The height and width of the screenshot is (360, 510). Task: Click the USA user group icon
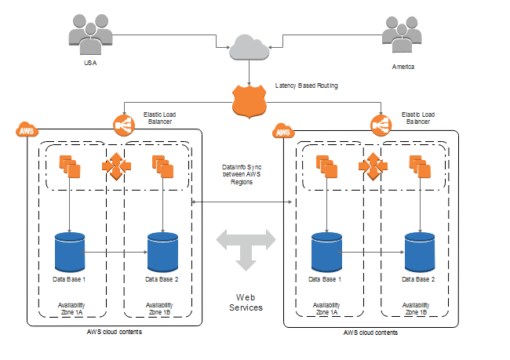(x=89, y=34)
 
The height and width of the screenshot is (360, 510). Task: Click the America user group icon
(x=403, y=34)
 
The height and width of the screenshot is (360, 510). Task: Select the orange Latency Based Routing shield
(x=248, y=101)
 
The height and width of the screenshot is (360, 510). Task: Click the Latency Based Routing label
(x=307, y=85)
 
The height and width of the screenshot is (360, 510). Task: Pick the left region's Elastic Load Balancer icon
(x=123, y=124)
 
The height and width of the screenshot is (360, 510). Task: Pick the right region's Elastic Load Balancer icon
(x=381, y=124)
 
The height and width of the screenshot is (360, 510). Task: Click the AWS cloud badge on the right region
(x=283, y=131)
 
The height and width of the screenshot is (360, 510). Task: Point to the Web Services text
(x=245, y=302)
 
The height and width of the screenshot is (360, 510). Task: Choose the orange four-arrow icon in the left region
(x=115, y=166)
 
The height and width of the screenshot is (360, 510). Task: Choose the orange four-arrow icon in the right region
(x=372, y=166)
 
